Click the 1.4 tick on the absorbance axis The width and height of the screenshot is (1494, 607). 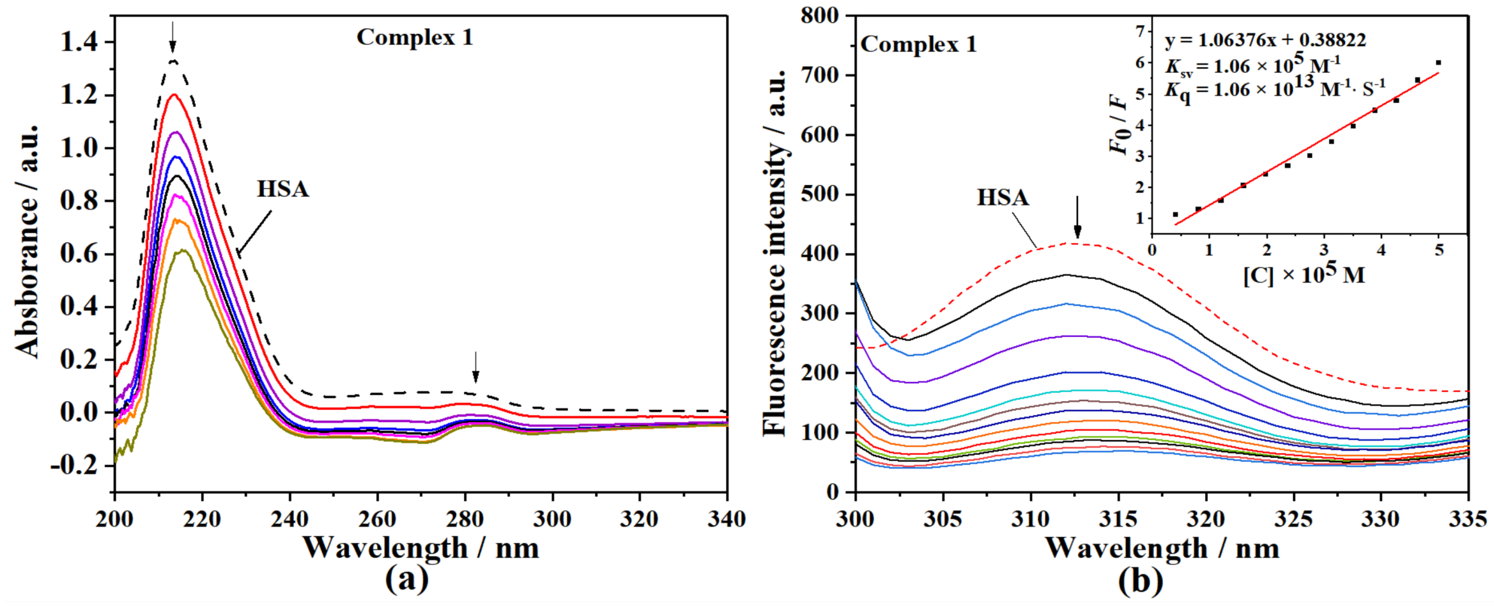tap(79, 42)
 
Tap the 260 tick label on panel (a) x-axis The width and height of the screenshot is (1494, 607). tap(377, 519)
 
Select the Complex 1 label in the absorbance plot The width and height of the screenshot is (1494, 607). tap(415, 37)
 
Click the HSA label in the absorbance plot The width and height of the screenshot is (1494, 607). tap(282, 189)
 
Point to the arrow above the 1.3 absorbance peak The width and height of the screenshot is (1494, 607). tap(172, 37)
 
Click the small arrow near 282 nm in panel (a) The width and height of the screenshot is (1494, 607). tap(475, 367)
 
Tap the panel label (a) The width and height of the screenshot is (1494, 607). tap(407, 579)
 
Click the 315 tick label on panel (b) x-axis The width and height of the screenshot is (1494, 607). tap(1118, 519)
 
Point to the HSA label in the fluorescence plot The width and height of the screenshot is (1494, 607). tap(1003, 198)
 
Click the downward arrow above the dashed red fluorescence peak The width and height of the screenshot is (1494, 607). tap(1077, 217)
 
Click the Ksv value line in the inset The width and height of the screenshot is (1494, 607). tap(1252, 65)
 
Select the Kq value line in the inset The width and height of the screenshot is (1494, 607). tap(1275, 89)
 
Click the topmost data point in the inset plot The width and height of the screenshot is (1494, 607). tap(1438, 63)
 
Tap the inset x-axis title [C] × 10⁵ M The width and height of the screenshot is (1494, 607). tap(1304, 274)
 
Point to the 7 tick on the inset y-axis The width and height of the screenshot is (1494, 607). tap(1140, 31)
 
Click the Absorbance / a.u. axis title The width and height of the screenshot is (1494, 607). tap(27, 240)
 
